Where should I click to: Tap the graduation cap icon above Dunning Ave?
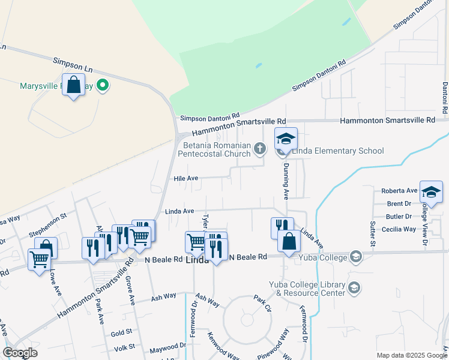[286, 140]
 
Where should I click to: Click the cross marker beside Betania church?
[259, 149]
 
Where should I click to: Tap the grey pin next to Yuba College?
[357, 257]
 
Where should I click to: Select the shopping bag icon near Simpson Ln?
[73, 85]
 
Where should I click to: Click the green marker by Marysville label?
[103, 86]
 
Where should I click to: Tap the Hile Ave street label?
[185, 178]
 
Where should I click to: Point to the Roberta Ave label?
[399, 191]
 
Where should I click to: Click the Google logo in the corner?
[20, 353]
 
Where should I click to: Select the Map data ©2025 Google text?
[411, 355]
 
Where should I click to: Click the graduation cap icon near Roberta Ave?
[431, 192]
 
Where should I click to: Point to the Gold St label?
[121, 332]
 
